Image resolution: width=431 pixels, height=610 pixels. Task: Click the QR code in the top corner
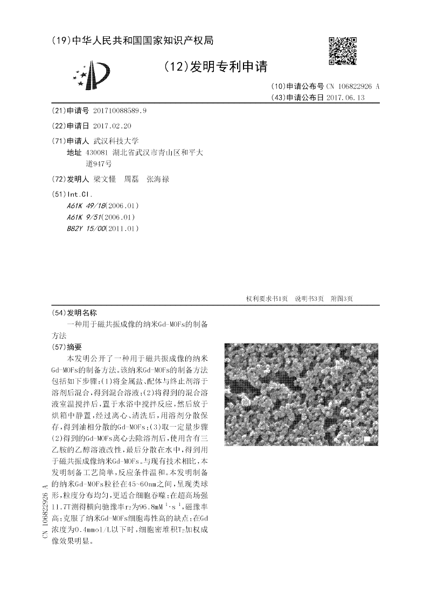(x=342, y=51)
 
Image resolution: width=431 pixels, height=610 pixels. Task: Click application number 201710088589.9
(x=120, y=111)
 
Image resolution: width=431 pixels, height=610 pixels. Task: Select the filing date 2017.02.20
(x=112, y=126)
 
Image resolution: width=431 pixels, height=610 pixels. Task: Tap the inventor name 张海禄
(x=158, y=179)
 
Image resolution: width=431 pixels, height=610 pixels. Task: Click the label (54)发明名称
(x=74, y=313)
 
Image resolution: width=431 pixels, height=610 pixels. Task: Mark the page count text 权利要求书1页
(x=267, y=299)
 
